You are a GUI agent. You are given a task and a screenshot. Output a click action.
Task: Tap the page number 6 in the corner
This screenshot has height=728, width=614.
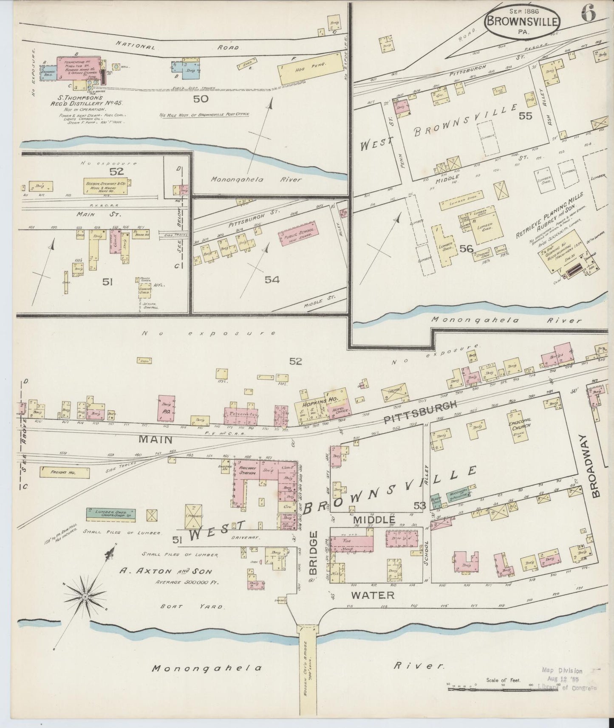click(x=589, y=14)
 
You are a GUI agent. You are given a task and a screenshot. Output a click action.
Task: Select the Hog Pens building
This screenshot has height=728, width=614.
click(x=310, y=67)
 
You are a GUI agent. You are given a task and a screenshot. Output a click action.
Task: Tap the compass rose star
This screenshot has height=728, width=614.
click(x=85, y=597)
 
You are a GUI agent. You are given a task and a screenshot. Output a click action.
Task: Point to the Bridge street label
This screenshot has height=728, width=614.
click(x=314, y=557)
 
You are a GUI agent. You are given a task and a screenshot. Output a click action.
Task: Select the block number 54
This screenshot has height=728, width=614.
click(x=272, y=279)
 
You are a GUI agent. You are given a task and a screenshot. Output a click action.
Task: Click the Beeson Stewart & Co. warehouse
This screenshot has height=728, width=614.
click(x=107, y=186)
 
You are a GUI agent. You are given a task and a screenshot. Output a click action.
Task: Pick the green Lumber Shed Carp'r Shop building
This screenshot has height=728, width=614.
click(x=110, y=514)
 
